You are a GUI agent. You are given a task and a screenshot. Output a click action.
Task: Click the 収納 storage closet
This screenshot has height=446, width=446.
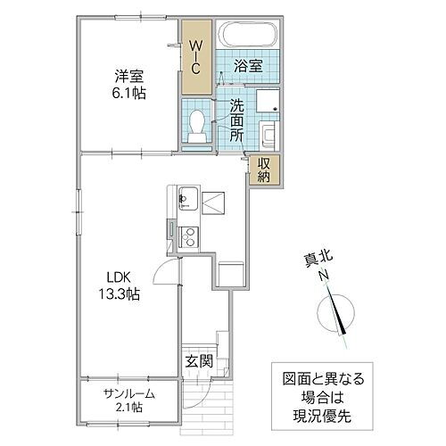click(x=266, y=169)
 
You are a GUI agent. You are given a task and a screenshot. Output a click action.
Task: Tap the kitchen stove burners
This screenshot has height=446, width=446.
click(x=187, y=235)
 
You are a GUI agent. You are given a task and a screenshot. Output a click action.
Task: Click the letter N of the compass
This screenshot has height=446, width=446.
click(x=323, y=276)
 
